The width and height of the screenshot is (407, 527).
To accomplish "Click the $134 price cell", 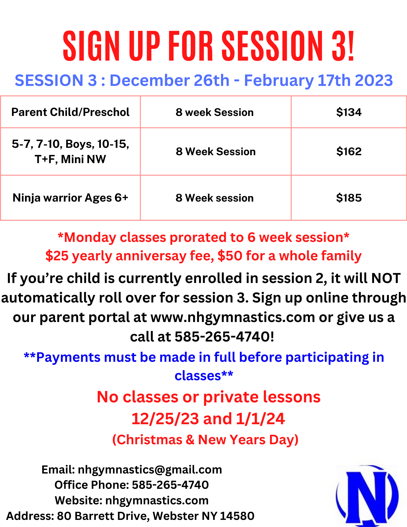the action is pyautogui.click(x=349, y=112).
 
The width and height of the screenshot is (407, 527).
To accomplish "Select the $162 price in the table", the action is pyautogui.click(x=349, y=152).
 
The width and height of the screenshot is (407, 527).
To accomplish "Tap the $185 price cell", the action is pyautogui.click(x=349, y=198).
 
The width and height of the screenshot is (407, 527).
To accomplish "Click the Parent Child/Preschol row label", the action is pyautogui.click(x=70, y=112).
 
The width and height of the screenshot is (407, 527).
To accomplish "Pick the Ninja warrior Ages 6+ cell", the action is pyautogui.click(x=70, y=198).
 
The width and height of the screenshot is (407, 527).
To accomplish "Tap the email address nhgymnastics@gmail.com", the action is pyautogui.click(x=150, y=470).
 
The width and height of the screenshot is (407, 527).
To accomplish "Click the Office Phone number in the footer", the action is pyautogui.click(x=170, y=485).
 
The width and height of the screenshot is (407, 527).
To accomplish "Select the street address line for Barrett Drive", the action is pyautogui.click(x=130, y=516).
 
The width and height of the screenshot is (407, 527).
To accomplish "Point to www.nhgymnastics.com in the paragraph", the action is pyautogui.click(x=233, y=317).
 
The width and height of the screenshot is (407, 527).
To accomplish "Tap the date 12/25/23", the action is pyautogui.click(x=165, y=419).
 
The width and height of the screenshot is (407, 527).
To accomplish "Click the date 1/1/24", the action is pyautogui.click(x=260, y=419).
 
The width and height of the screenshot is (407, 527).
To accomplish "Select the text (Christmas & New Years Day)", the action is pyautogui.click(x=205, y=440).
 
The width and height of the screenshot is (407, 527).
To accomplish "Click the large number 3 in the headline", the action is pyautogui.click(x=340, y=46).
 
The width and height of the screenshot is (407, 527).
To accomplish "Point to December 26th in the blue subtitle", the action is pyautogui.click(x=169, y=80).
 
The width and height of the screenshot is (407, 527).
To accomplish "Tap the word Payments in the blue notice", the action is pyautogui.click(x=68, y=358).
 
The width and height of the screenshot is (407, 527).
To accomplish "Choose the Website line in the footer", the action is pyautogui.click(x=132, y=500).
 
